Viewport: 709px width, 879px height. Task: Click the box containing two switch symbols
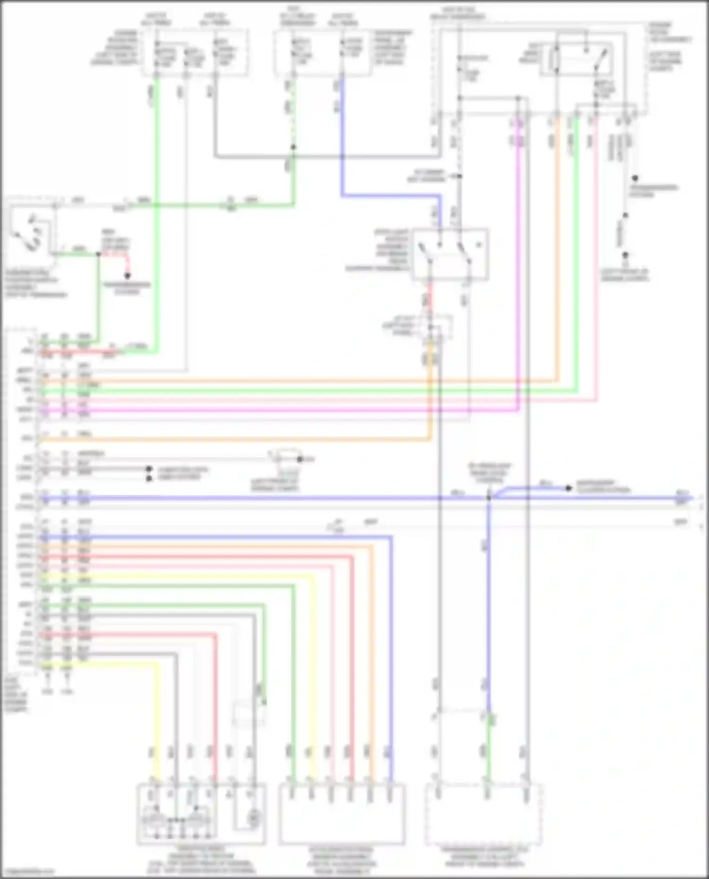[x=450, y=255]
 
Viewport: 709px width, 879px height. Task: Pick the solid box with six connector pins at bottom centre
[x=342, y=814]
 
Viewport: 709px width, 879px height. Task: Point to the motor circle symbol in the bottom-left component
[x=254, y=816]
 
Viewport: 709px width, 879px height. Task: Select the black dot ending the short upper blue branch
[x=569, y=488]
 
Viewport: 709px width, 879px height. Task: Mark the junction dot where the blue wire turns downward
[x=489, y=498]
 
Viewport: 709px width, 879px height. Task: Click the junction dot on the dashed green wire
[x=293, y=147]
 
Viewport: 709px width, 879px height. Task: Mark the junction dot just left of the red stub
[x=98, y=254]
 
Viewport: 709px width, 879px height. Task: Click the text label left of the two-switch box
[x=378, y=250]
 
